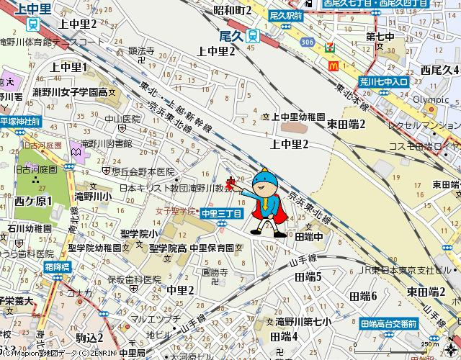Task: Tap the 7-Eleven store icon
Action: [x=330, y=47]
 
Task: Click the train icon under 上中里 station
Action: [x=33, y=22]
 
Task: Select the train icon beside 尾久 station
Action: [x=251, y=35]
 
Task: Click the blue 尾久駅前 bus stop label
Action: [x=286, y=14]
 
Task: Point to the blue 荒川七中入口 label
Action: [x=385, y=82]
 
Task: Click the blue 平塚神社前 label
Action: [x=20, y=122]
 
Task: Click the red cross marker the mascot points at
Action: [x=230, y=183]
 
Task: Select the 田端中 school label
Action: [x=308, y=236]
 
